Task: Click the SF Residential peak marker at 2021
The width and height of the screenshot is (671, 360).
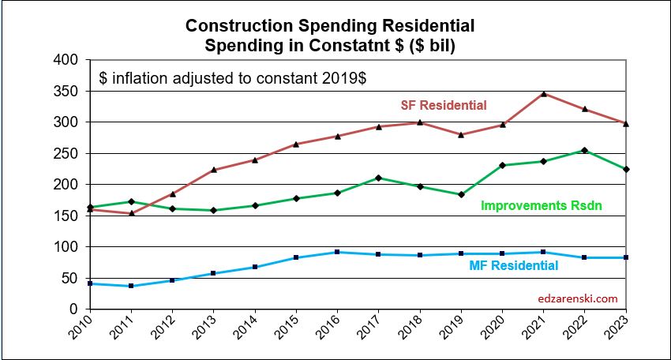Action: pos(544,94)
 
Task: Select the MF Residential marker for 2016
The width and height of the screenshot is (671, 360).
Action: pos(337,252)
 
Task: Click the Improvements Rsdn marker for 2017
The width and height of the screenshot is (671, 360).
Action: pos(378,178)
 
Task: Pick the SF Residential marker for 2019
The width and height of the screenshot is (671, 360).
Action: pos(461,134)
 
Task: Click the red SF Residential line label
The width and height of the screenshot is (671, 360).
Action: pos(443,105)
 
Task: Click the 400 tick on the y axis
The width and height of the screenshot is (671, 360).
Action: pos(69,60)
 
